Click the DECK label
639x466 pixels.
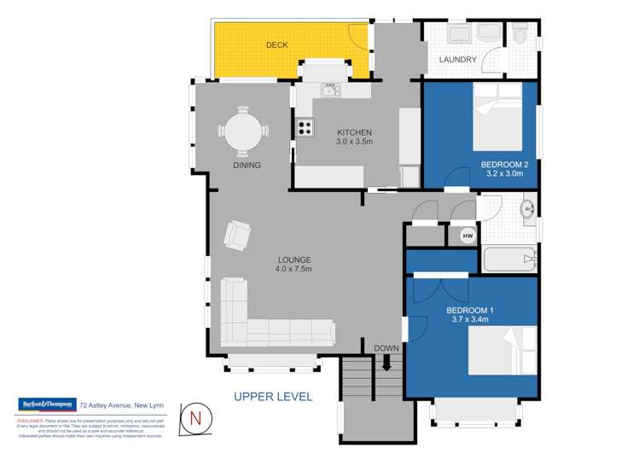pyautogui.click(x=276, y=44)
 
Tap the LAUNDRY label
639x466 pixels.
pyautogui.click(x=457, y=60)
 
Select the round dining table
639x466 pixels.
pyautogui.click(x=242, y=131)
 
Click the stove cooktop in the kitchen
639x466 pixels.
pyautogui.click(x=304, y=128)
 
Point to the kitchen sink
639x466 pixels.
pyautogui.click(x=330, y=90)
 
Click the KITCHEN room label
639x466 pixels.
pyautogui.click(x=355, y=132)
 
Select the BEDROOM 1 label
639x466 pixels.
pyautogui.click(x=470, y=310)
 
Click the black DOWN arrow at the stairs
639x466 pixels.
pyautogui.click(x=386, y=364)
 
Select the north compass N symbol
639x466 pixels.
pyautogui.click(x=195, y=418)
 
